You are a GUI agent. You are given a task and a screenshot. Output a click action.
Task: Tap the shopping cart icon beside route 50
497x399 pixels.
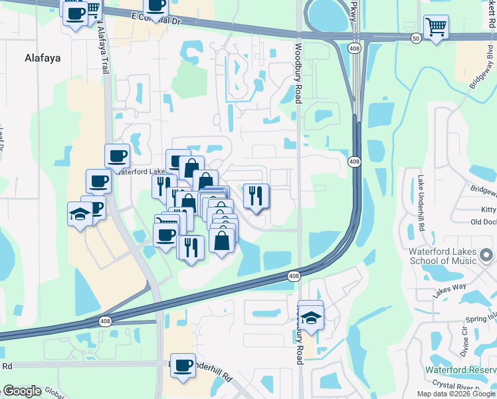[436, 28]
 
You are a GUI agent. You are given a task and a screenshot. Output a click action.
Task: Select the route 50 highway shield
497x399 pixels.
[416, 39]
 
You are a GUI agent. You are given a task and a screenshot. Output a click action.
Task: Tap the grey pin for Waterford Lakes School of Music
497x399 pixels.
[487, 255]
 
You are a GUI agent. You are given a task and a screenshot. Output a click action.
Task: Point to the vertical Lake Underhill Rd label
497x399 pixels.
[421, 203]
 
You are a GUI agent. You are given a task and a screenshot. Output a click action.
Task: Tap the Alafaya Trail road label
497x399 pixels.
[102, 53]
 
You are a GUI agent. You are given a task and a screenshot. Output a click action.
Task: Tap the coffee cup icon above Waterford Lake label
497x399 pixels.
[117, 157]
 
